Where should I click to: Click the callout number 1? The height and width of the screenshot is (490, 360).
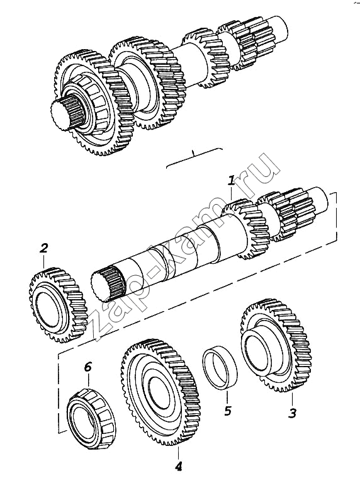pos(231,181)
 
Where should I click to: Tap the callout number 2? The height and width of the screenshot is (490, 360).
pos(44,248)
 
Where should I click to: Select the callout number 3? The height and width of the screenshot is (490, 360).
pos(292,413)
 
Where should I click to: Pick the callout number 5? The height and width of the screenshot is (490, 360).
pos(228,411)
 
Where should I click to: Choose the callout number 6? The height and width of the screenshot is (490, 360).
pos(88,367)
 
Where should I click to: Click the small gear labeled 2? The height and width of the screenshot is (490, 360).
pos(59,305)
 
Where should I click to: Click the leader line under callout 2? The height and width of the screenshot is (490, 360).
pos(44,262)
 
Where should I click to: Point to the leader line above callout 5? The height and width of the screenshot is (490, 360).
pos(227,398)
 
